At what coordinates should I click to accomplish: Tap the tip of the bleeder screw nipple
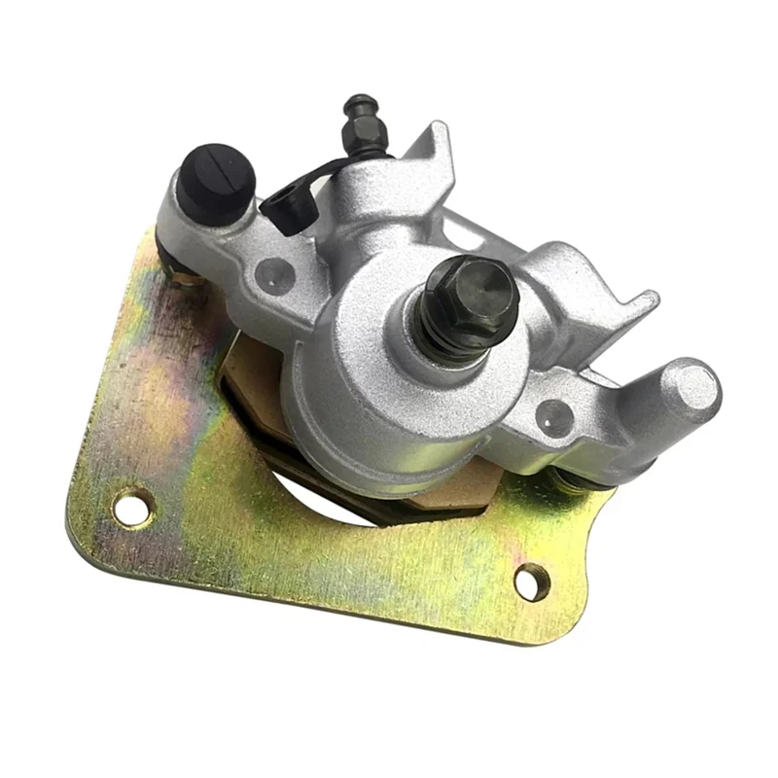(365, 104)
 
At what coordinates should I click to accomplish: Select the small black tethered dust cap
(283, 206)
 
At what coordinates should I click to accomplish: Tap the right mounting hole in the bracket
(530, 583)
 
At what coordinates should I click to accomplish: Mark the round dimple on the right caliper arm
(553, 415)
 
